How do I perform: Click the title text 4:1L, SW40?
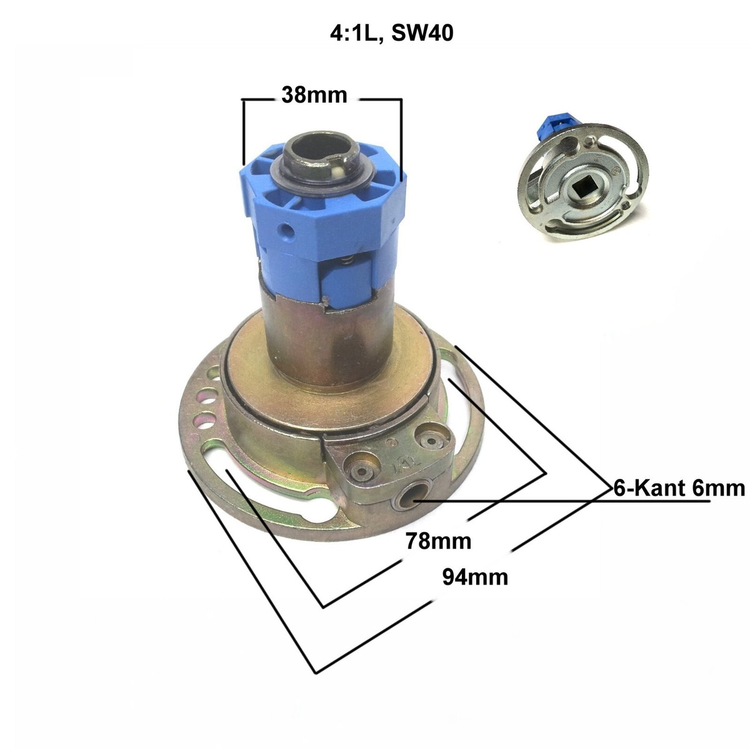(391, 33)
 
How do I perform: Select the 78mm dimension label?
(438, 541)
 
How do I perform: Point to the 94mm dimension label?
(475, 577)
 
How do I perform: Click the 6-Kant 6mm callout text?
(679, 488)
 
